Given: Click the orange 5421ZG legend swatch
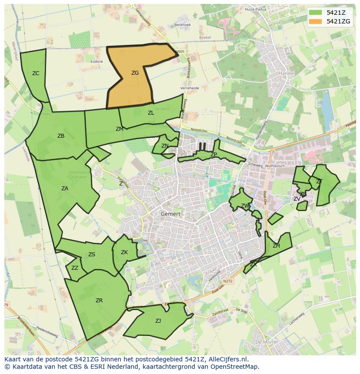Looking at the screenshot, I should click(317, 21).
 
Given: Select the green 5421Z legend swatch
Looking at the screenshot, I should click(317, 12).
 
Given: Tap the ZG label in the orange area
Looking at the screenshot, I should click(135, 73).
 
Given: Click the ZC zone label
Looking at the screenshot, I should click(36, 73).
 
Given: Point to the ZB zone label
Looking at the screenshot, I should click(61, 136).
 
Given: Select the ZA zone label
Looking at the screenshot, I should click(65, 189).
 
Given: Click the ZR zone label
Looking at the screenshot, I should click(99, 300).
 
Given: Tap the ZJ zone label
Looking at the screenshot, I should click(158, 321).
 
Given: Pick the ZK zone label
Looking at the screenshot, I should click(124, 252).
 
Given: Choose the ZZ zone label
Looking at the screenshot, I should click(75, 268).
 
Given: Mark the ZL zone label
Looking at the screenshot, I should click(151, 113).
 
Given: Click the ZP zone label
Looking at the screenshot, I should click(213, 155).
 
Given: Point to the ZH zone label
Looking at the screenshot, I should click(276, 246).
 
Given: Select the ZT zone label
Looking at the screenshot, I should click(319, 182).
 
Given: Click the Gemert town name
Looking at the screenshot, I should click(170, 214).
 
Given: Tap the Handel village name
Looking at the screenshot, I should click(287, 73).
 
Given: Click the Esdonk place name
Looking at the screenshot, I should click(97, 62).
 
